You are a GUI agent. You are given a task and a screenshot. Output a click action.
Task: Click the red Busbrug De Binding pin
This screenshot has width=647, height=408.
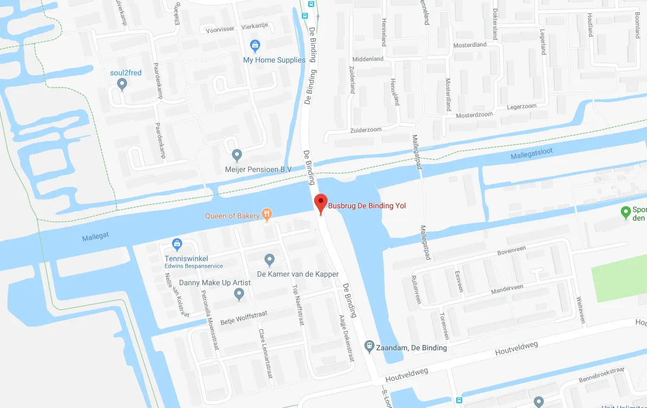pos(321,203)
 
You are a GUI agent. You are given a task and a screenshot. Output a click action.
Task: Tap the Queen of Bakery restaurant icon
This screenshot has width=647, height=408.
pos(267,215)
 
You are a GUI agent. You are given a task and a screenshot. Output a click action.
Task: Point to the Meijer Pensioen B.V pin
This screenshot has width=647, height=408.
pos(238,155)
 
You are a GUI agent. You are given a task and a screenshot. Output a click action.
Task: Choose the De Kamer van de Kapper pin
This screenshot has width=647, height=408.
pos(270,260)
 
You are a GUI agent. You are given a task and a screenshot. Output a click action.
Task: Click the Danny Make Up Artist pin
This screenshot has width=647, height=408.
pos(239,293)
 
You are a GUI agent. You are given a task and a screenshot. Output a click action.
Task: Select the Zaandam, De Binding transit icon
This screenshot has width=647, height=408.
pos(369,347)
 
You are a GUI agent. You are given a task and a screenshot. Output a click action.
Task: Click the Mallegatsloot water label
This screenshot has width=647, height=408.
pos(532,154)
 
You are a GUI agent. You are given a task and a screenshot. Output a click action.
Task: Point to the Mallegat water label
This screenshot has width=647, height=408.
pos(96,238)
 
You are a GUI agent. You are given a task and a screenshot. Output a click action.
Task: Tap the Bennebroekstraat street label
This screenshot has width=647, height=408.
pos(601,374)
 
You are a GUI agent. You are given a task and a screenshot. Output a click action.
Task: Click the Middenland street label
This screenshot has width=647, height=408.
pos(368,59)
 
